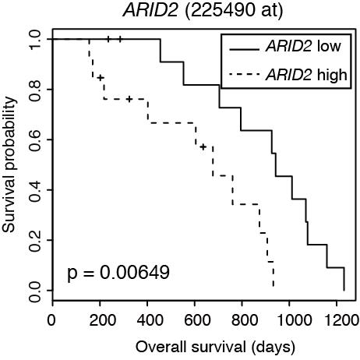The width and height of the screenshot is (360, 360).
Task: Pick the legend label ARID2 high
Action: pyautogui.click(x=305, y=74)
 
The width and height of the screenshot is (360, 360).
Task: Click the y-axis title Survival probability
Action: pyautogui.click(x=10, y=164)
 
